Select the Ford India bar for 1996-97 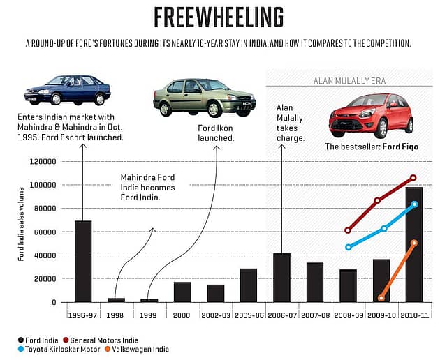(83, 261)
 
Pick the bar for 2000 (182, 292)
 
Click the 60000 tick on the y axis (43, 232)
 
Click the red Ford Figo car (369, 115)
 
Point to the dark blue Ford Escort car (67, 89)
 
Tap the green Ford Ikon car (196, 96)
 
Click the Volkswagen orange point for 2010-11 (414, 243)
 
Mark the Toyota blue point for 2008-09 (349, 247)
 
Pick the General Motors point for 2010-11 (413, 178)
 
